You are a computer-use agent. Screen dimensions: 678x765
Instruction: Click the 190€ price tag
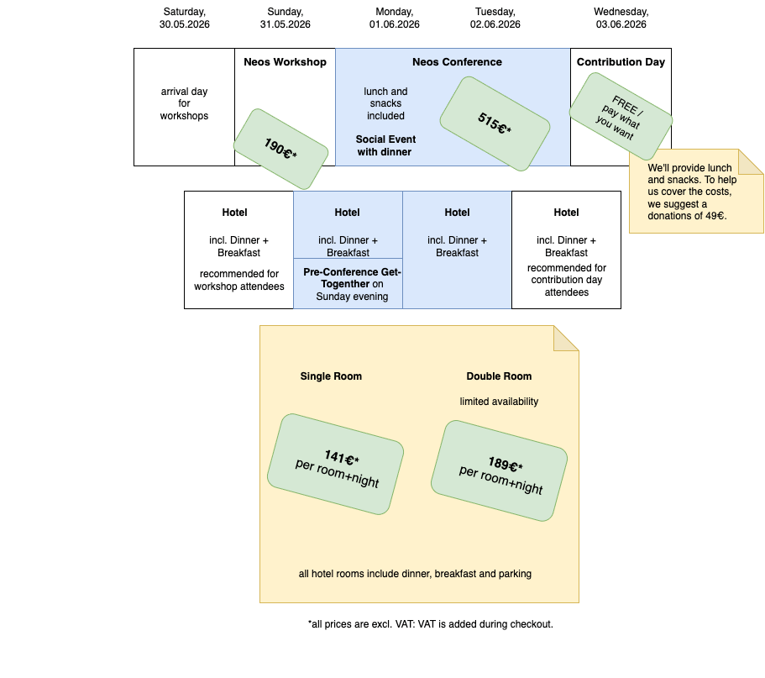280,149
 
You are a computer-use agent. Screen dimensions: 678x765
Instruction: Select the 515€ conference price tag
495,124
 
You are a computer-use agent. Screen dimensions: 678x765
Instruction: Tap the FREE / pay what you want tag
621,116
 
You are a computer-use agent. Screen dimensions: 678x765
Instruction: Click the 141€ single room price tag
335,464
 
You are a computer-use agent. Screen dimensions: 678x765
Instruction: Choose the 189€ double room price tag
499,470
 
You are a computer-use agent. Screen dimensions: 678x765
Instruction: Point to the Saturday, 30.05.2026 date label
184,18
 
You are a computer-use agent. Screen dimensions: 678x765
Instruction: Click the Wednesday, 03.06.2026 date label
621,18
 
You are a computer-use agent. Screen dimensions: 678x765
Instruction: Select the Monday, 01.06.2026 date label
394,18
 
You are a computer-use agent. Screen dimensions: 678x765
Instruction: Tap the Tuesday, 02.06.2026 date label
495,18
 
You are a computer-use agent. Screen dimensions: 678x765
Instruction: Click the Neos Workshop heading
285,62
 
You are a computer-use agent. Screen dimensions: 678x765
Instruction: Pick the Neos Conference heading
457,62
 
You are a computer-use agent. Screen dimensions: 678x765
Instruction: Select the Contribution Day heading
621,62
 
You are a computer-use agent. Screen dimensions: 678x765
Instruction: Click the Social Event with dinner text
385,145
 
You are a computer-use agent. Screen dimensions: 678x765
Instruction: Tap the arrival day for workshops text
184,103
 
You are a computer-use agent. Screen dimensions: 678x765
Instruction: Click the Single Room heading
331,376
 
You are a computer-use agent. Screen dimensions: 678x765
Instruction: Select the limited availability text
499,402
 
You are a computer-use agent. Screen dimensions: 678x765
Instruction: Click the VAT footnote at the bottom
430,624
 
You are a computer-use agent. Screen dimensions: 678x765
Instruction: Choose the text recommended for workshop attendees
238,280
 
